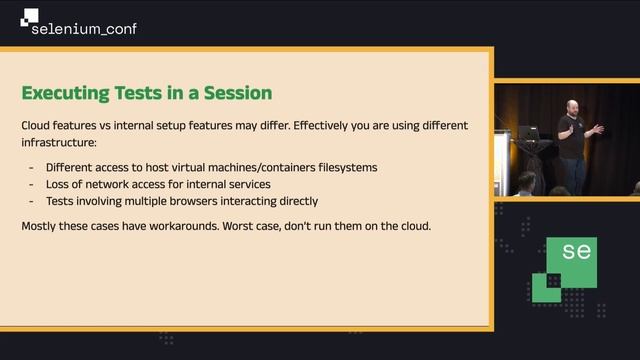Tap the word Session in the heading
coord(233,93)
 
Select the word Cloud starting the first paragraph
coord(38,127)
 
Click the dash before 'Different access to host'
coord(32,168)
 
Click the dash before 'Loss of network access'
coord(32,184)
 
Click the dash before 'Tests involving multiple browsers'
coord(32,200)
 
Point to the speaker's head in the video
coord(568,107)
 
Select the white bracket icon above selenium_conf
coord(29,15)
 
